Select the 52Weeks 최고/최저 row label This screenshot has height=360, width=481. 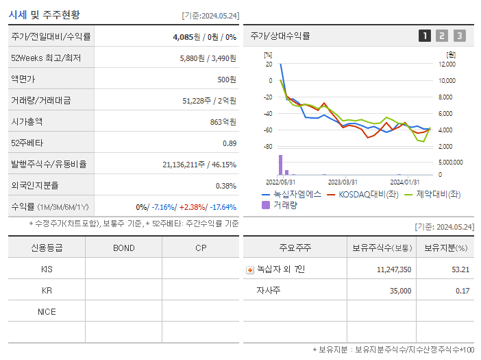[x=46, y=58]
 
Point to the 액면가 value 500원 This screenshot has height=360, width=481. [x=227, y=80]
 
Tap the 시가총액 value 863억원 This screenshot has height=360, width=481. [x=223, y=121]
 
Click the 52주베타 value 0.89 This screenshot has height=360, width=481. [x=230, y=143]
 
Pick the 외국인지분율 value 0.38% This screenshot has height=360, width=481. [x=226, y=185]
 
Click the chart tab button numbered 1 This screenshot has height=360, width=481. [x=425, y=36]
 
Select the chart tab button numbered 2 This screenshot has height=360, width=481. [x=442, y=36]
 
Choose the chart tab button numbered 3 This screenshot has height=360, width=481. [x=459, y=36]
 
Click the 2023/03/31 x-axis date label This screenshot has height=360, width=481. [x=343, y=182]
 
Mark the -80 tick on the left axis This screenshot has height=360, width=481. [x=268, y=147]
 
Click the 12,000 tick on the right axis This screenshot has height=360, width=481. [x=446, y=64]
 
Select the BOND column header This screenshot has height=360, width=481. [x=123, y=248]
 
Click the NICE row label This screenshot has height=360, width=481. [x=47, y=311]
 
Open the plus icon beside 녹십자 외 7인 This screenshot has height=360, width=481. [x=249, y=269]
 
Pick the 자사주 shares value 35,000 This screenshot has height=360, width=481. [x=397, y=291]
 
